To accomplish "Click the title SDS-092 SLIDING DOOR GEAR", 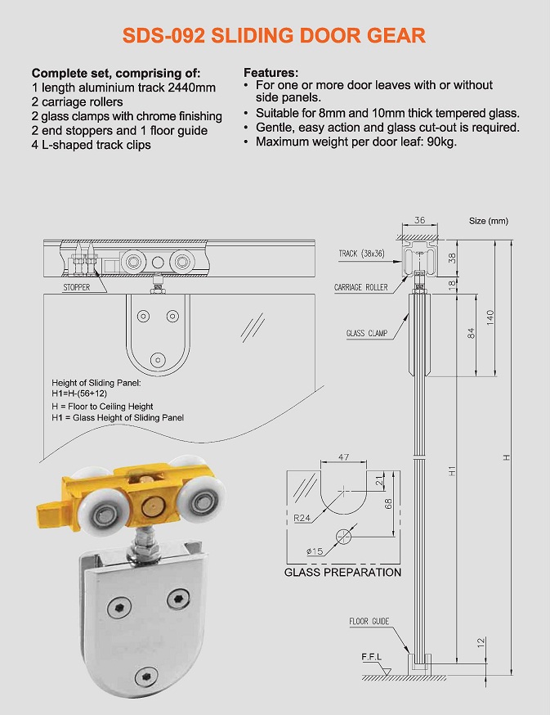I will [x=274, y=35].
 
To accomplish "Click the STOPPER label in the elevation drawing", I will [x=77, y=288].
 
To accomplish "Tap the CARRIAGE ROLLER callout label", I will [x=360, y=287].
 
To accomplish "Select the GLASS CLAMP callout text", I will [x=367, y=333].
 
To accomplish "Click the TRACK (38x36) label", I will [x=362, y=254].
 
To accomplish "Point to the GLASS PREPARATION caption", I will [x=342, y=572].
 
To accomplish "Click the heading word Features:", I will [x=271, y=73].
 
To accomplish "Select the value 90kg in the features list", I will [x=439, y=142].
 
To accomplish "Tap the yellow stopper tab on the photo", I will [x=51, y=511].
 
